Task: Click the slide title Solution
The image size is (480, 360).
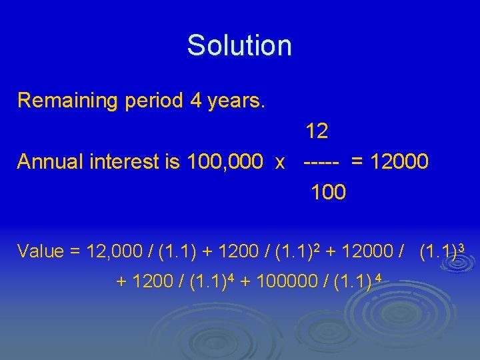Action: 239,45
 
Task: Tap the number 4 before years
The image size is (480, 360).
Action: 196,101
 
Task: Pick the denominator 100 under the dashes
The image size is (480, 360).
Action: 328,193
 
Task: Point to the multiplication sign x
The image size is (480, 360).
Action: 281,163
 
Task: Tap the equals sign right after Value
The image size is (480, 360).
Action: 74,252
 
